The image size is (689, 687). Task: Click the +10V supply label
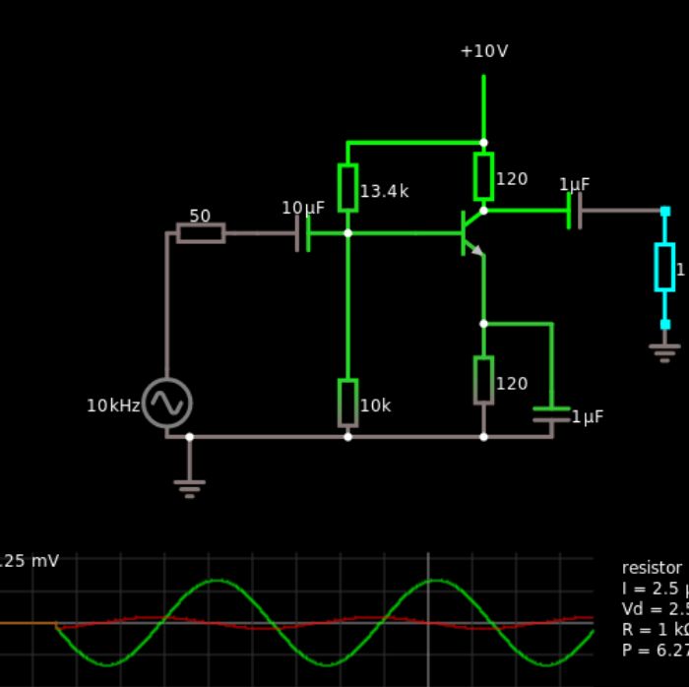[483, 51]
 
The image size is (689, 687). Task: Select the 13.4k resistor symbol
[347, 188]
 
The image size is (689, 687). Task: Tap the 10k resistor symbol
[347, 403]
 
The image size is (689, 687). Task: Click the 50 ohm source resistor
[201, 233]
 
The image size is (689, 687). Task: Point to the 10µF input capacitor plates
[303, 233]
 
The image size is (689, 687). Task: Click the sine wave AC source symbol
[166, 404]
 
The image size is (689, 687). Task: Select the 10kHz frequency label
[113, 406]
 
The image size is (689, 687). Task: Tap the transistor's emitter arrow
[476, 250]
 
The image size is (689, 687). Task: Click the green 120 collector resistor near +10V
[483, 176]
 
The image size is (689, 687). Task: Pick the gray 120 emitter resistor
[483, 380]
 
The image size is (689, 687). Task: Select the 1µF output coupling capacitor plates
[574, 211]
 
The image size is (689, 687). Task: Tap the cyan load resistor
[664, 267]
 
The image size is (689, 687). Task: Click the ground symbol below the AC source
[189, 486]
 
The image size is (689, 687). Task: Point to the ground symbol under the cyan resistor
[664, 350]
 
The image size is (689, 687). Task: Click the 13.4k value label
[384, 192]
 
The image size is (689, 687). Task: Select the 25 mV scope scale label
[30, 561]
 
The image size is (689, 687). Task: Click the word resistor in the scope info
[652, 568]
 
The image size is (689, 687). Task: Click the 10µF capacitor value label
[302, 208]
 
